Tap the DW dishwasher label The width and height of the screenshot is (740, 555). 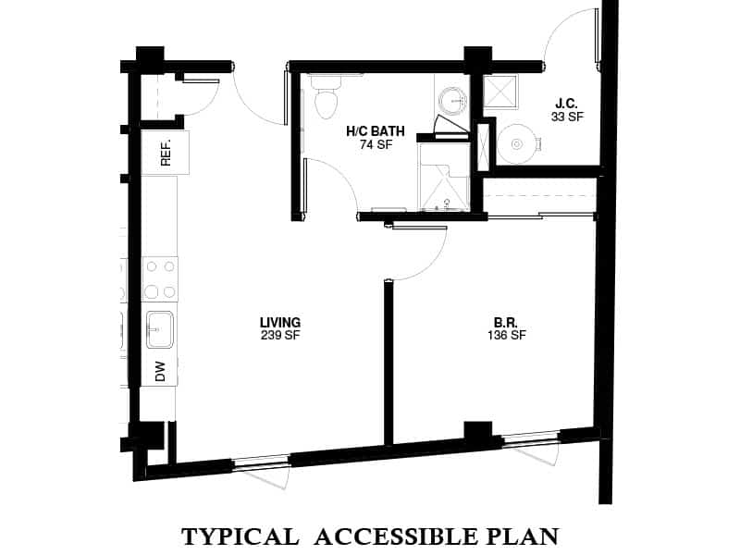tap(160, 371)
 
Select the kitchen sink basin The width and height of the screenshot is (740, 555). tap(158, 327)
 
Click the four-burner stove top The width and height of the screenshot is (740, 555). tap(159, 278)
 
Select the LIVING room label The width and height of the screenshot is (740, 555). tap(279, 322)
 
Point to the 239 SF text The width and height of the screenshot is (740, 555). tap(279, 335)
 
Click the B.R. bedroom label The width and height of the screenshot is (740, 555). tap(505, 323)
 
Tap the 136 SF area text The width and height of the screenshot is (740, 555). tap(505, 336)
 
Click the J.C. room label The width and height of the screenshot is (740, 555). tap(567, 103)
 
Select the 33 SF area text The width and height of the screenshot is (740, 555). tap(567, 117)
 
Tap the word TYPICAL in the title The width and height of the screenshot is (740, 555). tap(239, 536)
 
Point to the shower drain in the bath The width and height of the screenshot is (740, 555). tap(446, 201)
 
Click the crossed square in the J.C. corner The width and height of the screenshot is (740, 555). tap(500, 90)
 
